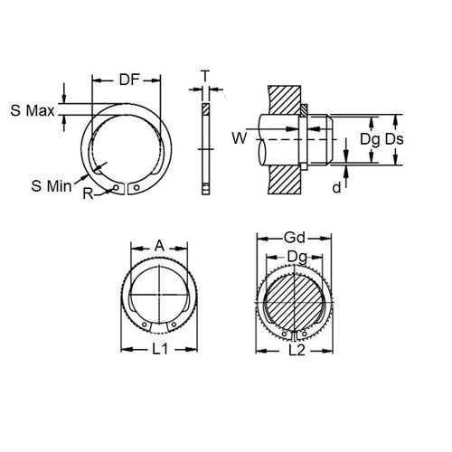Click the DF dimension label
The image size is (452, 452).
(129, 80)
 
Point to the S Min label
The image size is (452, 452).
(46, 185)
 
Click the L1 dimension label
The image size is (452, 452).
(159, 346)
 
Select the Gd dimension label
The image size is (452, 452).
(295, 237)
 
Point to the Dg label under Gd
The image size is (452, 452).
(295, 256)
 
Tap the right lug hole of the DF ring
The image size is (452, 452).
(135, 188)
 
